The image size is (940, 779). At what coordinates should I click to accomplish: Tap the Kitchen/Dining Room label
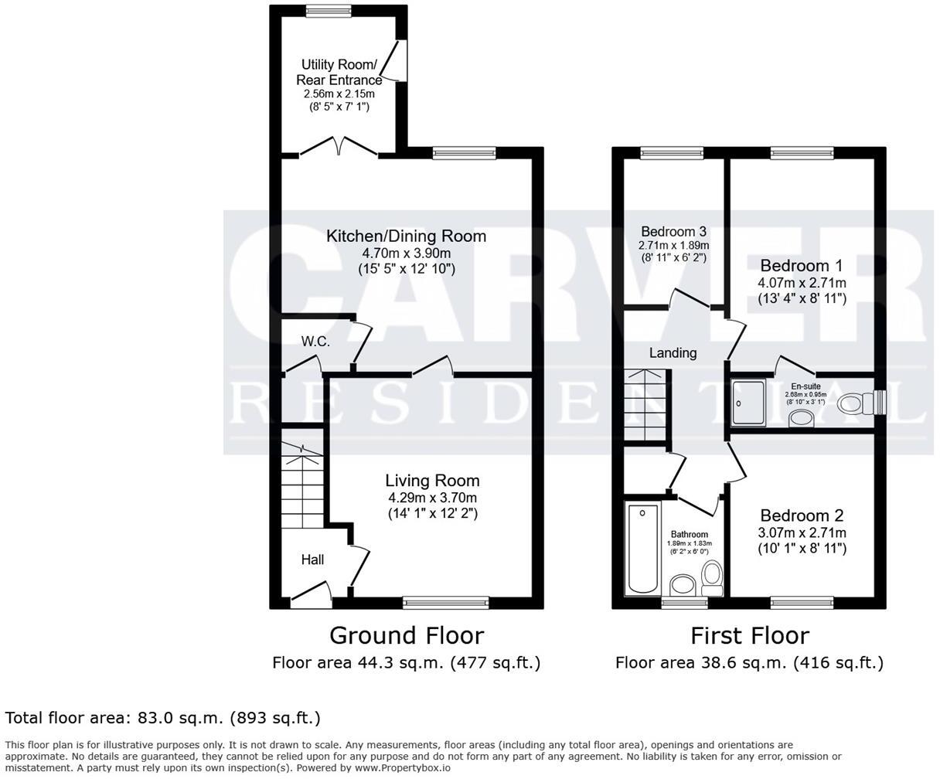click(x=406, y=236)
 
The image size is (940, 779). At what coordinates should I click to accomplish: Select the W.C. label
click(x=315, y=341)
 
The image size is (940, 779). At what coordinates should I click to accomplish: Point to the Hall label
click(x=312, y=560)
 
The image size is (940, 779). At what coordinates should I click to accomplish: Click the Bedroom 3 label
click(x=673, y=231)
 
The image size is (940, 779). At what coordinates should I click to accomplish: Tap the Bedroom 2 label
click(x=802, y=515)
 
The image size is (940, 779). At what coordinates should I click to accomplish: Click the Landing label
click(x=673, y=352)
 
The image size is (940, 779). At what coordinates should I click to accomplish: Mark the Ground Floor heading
click(x=406, y=635)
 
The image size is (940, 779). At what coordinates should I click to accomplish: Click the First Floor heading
click(x=749, y=635)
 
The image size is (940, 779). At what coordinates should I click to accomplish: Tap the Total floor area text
click(x=162, y=718)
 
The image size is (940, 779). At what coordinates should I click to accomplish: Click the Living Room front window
click(x=446, y=601)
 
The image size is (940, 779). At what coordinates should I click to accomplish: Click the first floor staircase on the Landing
click(x=647, y=407)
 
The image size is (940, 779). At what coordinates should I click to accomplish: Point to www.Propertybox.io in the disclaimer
click(x=402, y=768)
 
